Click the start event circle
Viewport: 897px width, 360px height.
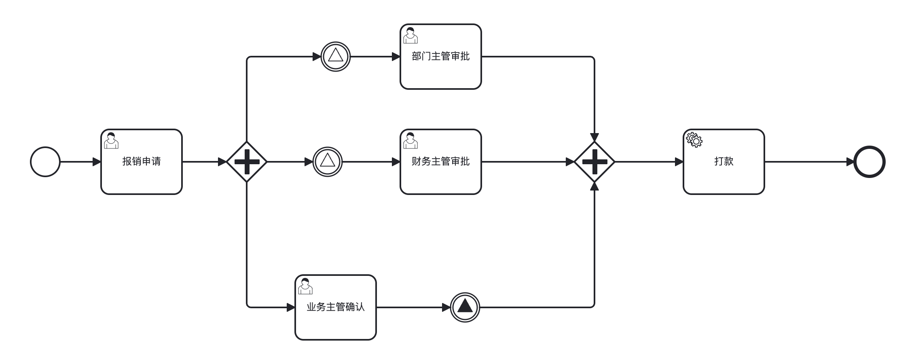(x=45, y=162)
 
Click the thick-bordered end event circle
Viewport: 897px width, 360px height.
(x=869, y=162)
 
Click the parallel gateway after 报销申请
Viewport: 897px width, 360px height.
(x=247, y=162)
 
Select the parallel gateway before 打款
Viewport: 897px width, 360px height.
(x=594, y=162)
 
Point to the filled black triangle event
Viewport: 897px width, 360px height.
(x=465, y=307)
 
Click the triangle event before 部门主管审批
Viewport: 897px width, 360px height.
(x=336, y=57)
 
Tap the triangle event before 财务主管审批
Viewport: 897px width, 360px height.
(x=328, y=162)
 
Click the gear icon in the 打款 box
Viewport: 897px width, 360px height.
(x=694, y=140)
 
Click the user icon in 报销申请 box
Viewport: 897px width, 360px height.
(x=111, y=140)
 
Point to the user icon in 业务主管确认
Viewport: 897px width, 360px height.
(x=305, y=286)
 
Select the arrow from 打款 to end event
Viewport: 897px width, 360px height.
(x=809, y=162)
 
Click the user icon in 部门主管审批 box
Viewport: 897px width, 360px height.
(x=410, y=35)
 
